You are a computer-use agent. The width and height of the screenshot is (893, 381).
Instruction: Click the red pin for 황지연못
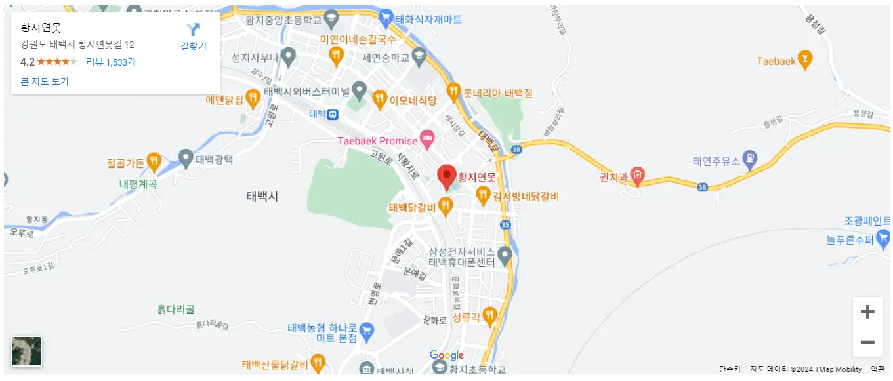pos(447,175)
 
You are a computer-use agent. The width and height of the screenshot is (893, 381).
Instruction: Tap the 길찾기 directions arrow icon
pos(194,30)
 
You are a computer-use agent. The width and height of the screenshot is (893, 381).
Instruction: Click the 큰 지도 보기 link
pos(45,81)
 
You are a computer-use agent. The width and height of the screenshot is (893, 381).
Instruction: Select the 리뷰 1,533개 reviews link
pos(111,62)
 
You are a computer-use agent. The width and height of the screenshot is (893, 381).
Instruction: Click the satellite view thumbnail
pos(27,351)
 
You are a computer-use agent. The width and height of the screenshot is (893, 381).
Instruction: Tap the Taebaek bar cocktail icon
pos(804,60)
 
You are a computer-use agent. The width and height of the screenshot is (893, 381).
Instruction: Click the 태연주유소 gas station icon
pos(750,159)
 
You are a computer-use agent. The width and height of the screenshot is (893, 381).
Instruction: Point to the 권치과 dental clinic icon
pos(638,175)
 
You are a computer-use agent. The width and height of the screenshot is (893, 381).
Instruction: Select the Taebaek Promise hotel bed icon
pos(427,140)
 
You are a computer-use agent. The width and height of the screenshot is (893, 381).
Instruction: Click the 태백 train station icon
pos(333,114)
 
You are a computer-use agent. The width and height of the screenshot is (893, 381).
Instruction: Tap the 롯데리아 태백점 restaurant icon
pos(453,92)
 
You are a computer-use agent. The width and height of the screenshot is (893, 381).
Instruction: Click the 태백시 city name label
pos(262,196)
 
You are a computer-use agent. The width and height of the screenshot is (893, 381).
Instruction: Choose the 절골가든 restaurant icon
pos(154,161)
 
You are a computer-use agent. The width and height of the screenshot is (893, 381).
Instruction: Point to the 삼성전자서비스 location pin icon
pos(505,253)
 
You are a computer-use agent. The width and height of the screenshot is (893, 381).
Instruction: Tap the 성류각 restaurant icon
pos(489,316)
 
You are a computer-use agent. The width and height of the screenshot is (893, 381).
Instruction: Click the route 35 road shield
pos(505,224)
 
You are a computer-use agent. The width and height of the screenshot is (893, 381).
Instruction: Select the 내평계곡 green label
pos(138,184)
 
